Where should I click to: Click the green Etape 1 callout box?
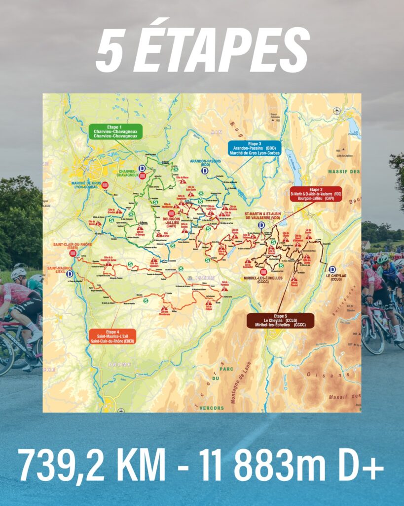[x=115, y=131]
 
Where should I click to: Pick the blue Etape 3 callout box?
[x=254, y=148]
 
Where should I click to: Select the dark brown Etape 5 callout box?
[x=280, y=320]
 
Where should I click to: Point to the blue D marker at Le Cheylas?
[x=332, y=269]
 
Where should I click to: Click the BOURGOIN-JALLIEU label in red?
[x=171, y=220]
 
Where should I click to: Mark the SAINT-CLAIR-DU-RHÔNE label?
[x=73, y=246]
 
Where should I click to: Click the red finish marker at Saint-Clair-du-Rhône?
[x=73, y=253]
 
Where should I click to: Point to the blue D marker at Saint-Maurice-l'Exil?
[x=70, y=273]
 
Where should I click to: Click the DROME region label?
[x=120, y=364]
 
